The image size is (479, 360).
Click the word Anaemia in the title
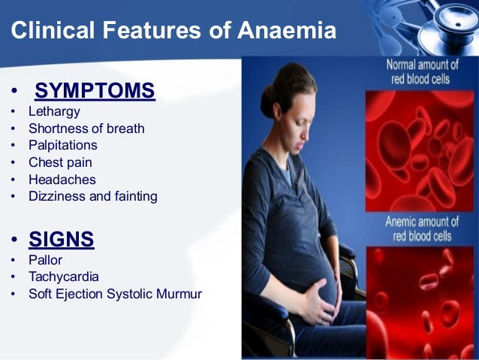pos(287,30)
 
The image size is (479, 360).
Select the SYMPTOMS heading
pos(95,90)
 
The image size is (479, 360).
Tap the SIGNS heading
pos(62,239)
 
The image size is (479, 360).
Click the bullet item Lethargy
pos(54,112)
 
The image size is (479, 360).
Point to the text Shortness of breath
pos(86,129)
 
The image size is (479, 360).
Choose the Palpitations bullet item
pos(63,145)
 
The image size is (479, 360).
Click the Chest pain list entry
pos(60,162)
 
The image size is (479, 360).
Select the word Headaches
pos(62,180)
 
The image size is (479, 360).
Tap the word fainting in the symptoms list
pos(136,197)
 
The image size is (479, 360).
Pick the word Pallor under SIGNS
pos(46,260)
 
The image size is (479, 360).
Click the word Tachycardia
pos(64,277)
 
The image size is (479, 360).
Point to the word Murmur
pos(179,294)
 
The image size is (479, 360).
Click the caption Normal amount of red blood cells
pos(422,72)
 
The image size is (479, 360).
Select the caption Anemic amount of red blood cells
pos(422,228)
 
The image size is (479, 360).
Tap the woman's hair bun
pos(269,101)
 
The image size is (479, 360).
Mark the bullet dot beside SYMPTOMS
pos(14,91)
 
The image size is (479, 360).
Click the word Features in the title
pos(152,30)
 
